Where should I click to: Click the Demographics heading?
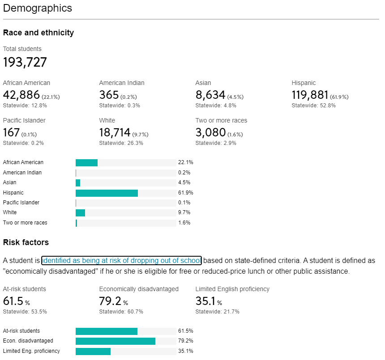[37, 8]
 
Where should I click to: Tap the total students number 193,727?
[25, 62]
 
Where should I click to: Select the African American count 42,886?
[21, 95]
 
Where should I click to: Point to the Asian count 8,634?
[210, 95]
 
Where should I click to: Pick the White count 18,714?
[115, 132]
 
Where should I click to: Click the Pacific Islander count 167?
[11, 132]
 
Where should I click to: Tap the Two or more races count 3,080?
[210, 132]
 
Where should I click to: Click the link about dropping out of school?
[121, 260]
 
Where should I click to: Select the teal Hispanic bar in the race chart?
[107, 193]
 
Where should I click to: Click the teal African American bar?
[86, 162]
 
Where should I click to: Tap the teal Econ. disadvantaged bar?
[115, 341]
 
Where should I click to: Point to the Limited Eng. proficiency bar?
[93, 351]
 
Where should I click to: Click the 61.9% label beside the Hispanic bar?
[186, 193]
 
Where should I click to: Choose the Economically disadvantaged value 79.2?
[110, 301]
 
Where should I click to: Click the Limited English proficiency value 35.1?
[206, 301]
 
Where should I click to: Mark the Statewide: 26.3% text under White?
[121, 143]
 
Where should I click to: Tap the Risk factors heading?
[26, 242]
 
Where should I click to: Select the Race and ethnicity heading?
[38, 33]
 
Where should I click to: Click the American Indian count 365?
[109, 95]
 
